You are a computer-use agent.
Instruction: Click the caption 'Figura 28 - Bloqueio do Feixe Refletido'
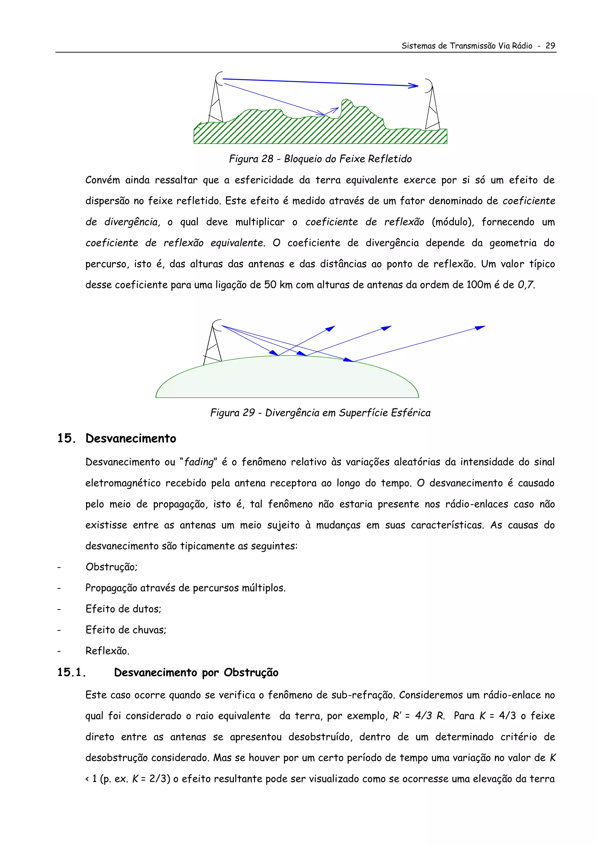320,159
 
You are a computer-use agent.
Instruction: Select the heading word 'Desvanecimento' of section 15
131,438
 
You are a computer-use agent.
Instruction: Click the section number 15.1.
72,672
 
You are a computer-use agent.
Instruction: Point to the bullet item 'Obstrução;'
111,567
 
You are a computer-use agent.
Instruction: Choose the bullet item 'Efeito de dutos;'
123,609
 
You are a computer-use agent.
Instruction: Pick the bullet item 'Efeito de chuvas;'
126,630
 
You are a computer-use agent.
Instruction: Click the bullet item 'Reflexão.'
107,651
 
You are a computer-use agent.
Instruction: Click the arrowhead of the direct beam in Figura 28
414,86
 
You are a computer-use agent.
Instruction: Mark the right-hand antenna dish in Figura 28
429,86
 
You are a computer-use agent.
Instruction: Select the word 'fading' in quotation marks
199,462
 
